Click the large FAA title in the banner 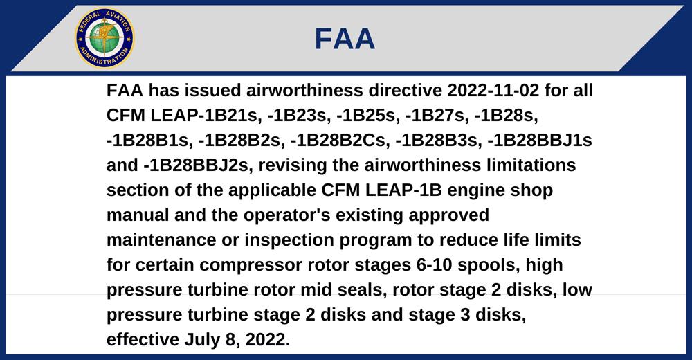345,39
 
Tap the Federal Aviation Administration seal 104,38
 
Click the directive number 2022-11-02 493,90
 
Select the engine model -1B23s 298,116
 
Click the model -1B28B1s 149,140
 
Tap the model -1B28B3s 438,140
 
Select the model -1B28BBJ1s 540,140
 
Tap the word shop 531,190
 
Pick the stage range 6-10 435,265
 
